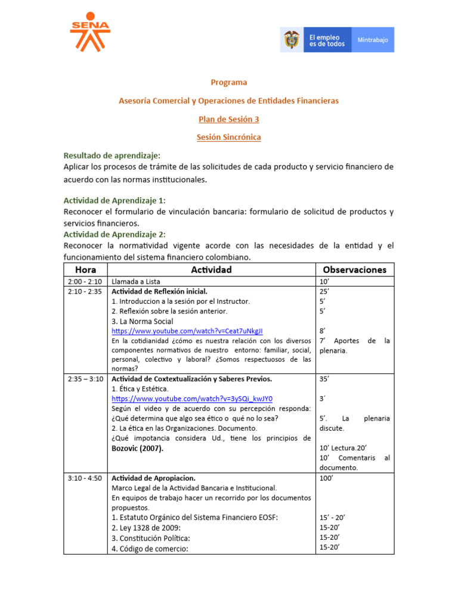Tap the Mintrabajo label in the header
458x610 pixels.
point(372,40)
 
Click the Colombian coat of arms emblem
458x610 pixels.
point(292,40)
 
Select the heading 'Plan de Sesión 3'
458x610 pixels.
point(229,119)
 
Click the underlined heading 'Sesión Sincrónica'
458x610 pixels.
point(229,137)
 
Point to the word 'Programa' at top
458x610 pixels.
point(229,82)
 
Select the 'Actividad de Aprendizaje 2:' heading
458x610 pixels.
point(114,234)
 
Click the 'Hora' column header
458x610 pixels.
point(86,270)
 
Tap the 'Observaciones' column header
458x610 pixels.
point(355,270)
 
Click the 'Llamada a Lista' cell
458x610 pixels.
point(136,281)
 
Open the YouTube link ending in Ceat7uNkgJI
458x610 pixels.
point(187,331)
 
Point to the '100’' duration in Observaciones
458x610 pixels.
point(326,478)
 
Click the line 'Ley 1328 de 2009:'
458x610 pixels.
point(146,528)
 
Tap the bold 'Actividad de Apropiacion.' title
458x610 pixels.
point(154,478)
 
